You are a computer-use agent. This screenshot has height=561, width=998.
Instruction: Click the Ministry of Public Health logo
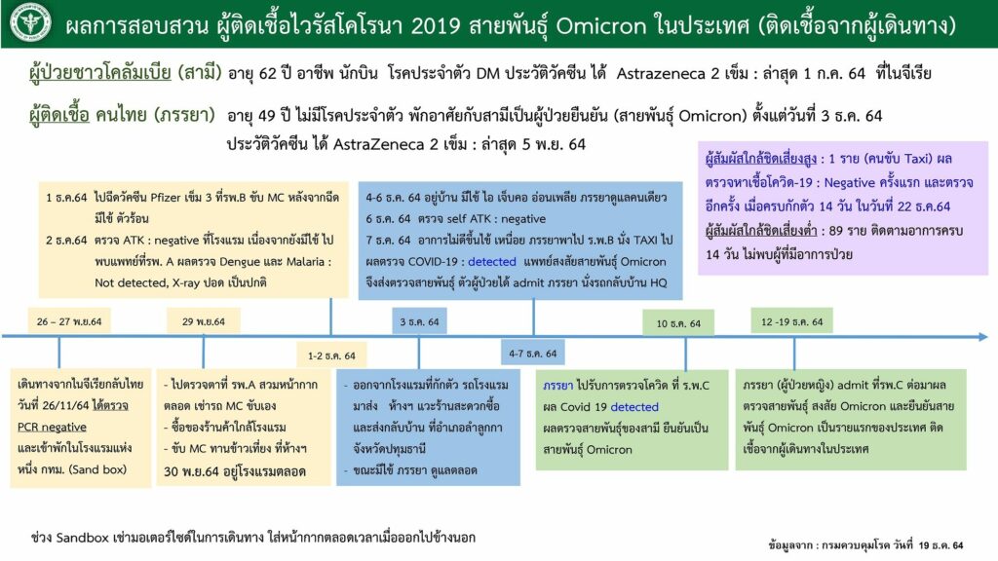30,23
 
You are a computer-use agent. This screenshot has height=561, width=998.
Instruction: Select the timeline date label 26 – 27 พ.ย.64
69,321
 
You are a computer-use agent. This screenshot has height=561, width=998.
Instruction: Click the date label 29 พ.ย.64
203,321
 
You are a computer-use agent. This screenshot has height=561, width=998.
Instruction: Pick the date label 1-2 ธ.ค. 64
331,355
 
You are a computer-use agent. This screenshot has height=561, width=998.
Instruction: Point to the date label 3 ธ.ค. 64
419,321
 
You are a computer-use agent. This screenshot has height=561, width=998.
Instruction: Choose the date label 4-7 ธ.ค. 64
533,353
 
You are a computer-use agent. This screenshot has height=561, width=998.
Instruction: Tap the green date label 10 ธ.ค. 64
678,323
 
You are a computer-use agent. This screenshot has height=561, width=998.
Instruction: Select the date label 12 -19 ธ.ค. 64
791,321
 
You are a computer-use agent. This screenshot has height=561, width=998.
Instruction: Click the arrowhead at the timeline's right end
981,336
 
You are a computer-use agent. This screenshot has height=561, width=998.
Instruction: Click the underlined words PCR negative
52,427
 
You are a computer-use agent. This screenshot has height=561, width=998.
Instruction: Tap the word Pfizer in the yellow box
166,197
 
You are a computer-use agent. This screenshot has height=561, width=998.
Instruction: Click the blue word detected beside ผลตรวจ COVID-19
492,261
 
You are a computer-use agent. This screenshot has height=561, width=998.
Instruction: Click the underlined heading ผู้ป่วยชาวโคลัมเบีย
100,72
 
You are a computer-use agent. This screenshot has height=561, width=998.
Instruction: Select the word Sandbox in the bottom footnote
82,538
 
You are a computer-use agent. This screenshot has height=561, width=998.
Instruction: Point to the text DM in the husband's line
487,74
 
